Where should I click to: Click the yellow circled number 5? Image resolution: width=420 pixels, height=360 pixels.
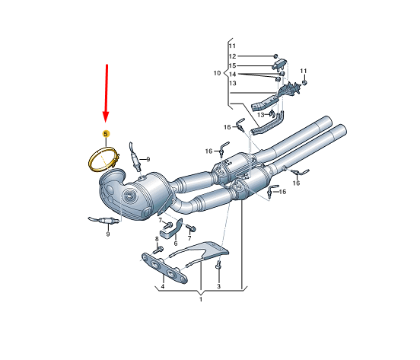coord(106,133)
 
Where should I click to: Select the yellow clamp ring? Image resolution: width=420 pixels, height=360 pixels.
coord(103,159)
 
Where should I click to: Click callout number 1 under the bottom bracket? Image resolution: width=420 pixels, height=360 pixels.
coord(201,299)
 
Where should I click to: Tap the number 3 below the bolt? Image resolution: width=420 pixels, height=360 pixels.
coord(218,286)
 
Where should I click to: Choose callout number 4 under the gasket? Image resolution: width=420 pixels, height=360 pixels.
coord(163,287)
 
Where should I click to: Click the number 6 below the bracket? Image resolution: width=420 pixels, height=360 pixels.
coord(176,244)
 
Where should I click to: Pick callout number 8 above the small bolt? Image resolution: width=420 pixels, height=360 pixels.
coord(157,239)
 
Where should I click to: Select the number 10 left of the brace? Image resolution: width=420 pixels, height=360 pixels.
coord(217,73)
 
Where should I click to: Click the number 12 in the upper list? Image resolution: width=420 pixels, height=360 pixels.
coord(232,56)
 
